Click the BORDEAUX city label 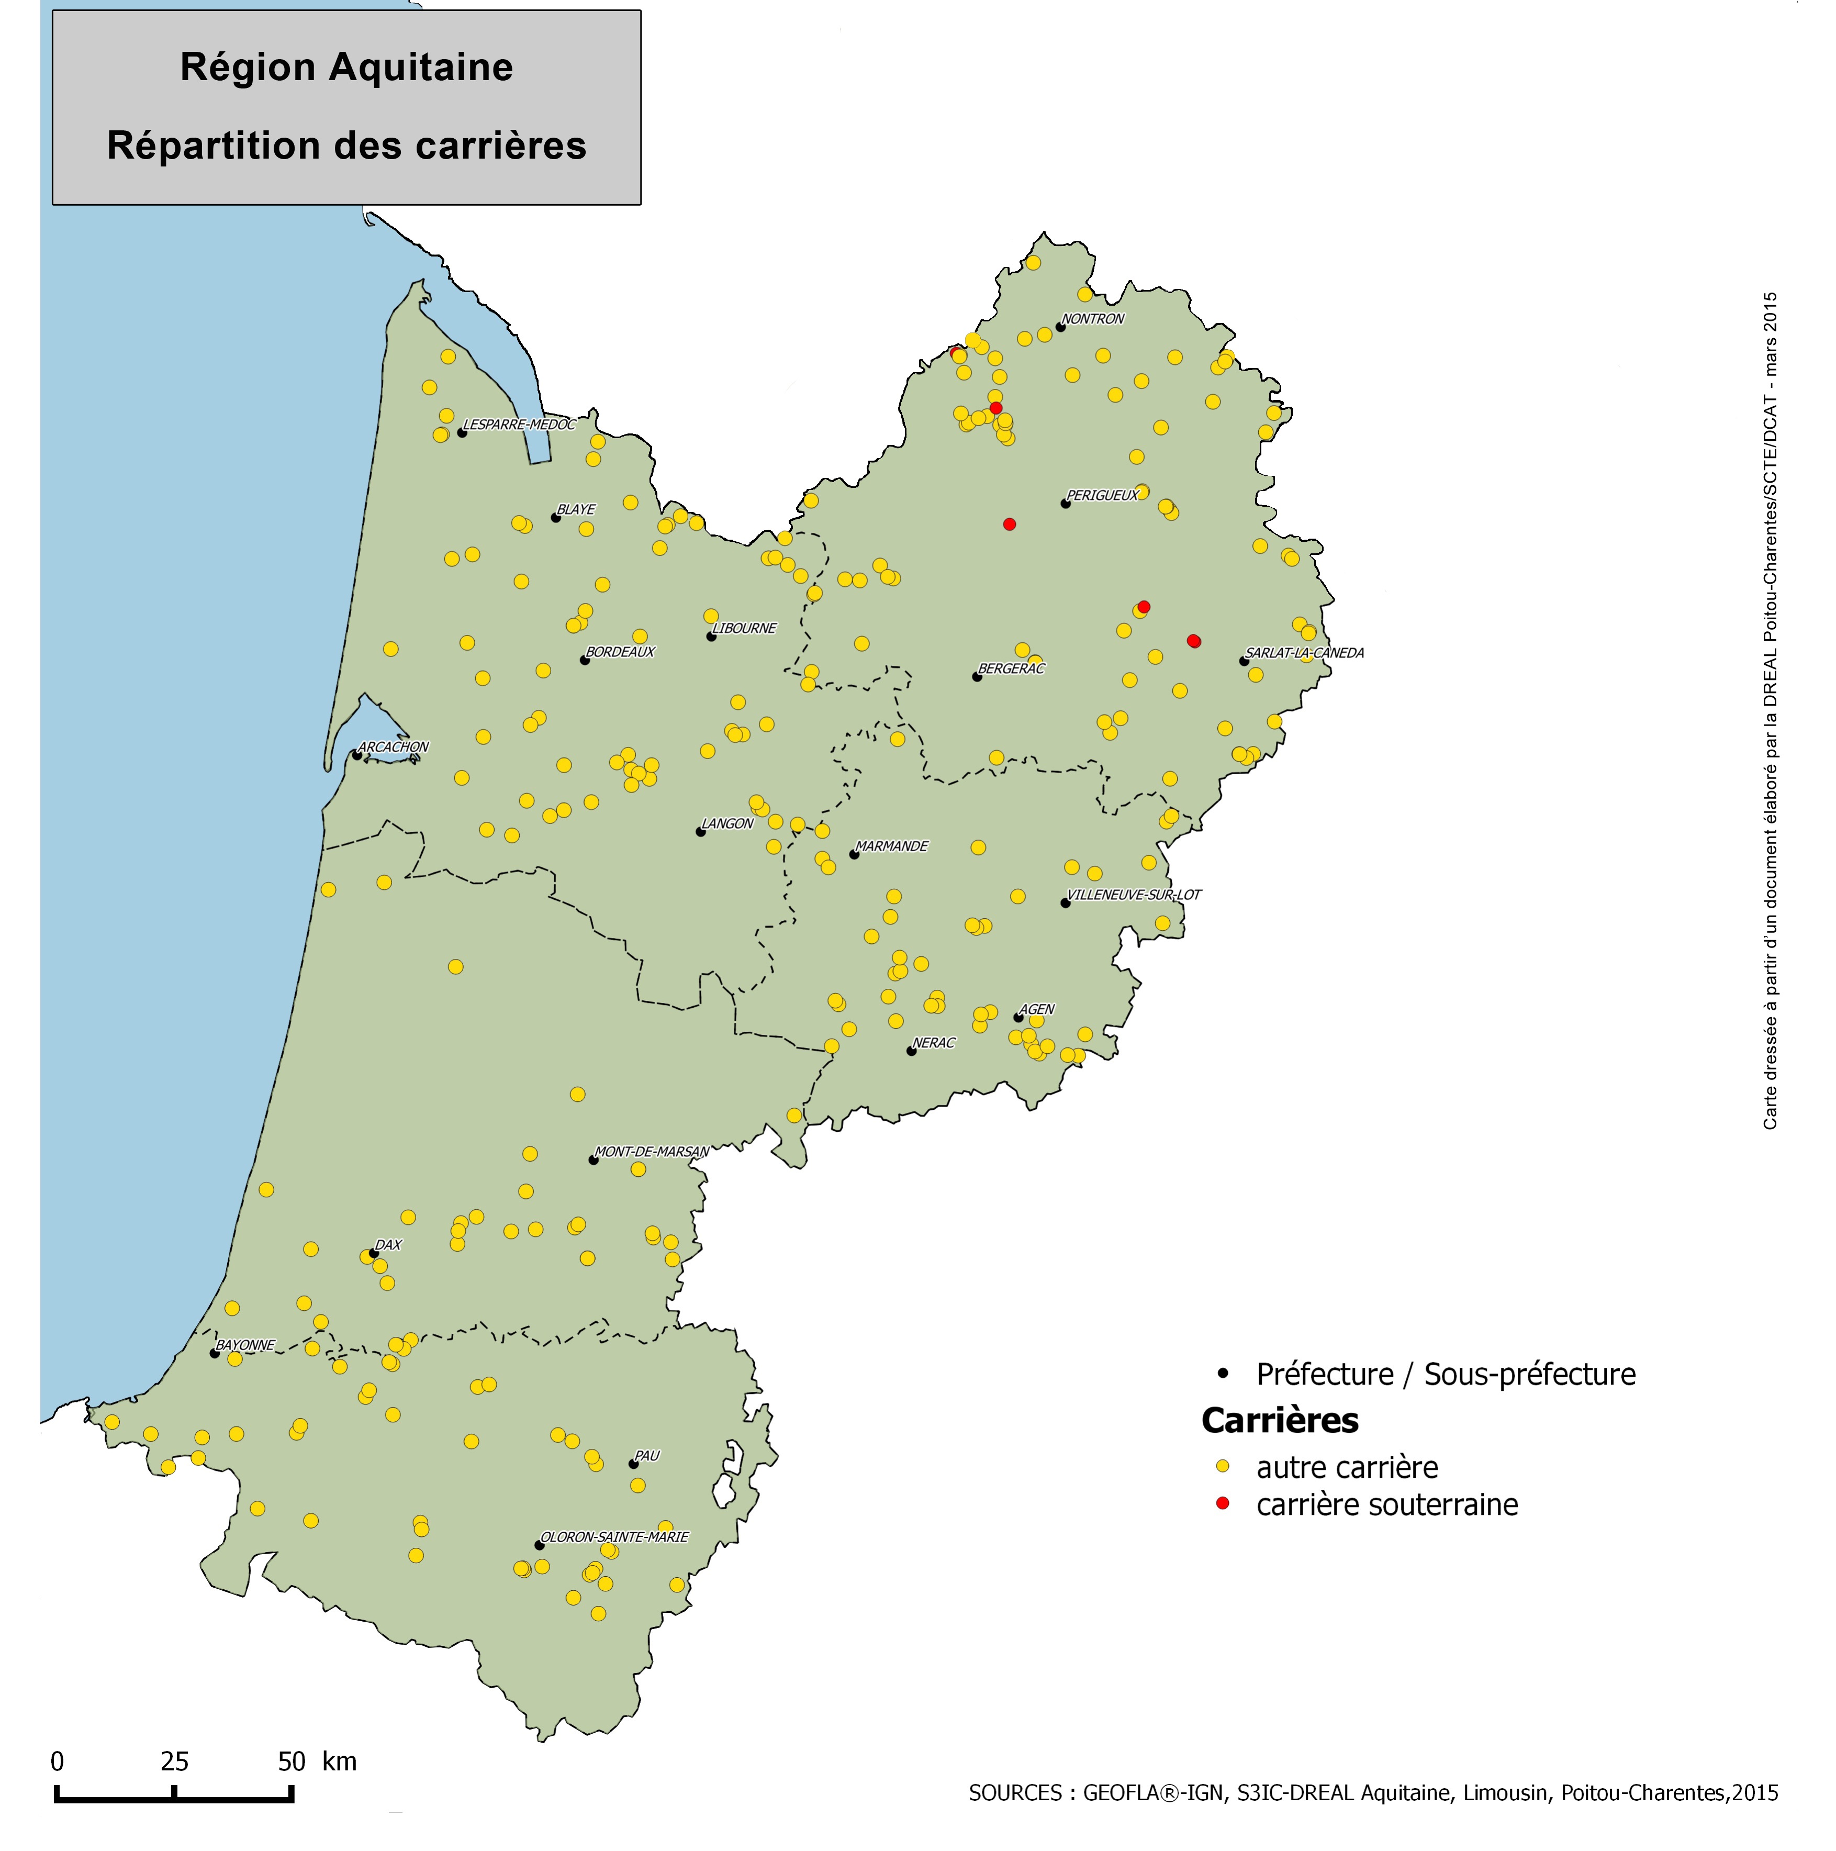click(621, 652)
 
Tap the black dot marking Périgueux click(1065, 503)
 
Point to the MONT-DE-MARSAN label click(651, 1152)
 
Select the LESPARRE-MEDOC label click(519, 425)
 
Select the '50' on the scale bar click(291, 1761)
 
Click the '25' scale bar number click(174, 1761)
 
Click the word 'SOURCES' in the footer click(1014, 1792)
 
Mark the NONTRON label click(1093, 319)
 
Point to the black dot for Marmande click(853, 854)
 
